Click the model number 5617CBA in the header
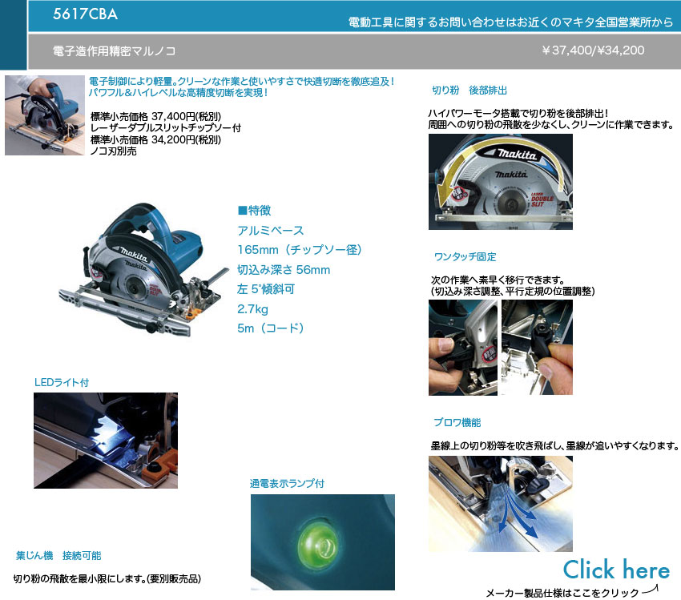click(x=85, y=14)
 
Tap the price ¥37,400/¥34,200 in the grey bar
click(x=593, y=50)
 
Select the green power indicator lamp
click(x=317, y=542)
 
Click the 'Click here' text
click(x=616, y=570)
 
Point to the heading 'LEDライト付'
click(x=62, y=382)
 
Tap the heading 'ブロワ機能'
click(x=457, y=422)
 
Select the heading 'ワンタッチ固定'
click(x=465, y=256)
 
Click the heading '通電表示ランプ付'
click(x=287, y=484)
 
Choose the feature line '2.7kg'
click(x=252, y=309)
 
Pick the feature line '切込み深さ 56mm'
click(x=284, y=270)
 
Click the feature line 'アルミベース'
click(x=271, y=231)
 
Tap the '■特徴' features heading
click(x=255, y=211)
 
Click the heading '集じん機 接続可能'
click(x=58, y=556)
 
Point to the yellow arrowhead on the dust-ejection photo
click(x=444, y=196)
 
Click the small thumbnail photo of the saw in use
click(x=45, y=115)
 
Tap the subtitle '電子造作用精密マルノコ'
click(x=115, y=51)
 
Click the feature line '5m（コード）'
click(x=271, y=328)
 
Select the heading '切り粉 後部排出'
click(x=469, y=91)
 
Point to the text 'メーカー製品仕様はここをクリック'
click(x=562, y=593)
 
